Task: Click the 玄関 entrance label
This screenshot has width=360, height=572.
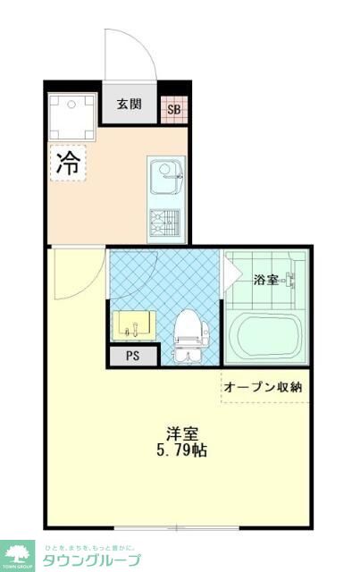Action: click(129, 105)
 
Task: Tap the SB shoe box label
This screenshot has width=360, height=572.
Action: click(174, 111)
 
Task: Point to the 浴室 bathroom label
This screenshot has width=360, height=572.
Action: click(265, 280)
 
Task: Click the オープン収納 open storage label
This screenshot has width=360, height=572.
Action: click(263, 387)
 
